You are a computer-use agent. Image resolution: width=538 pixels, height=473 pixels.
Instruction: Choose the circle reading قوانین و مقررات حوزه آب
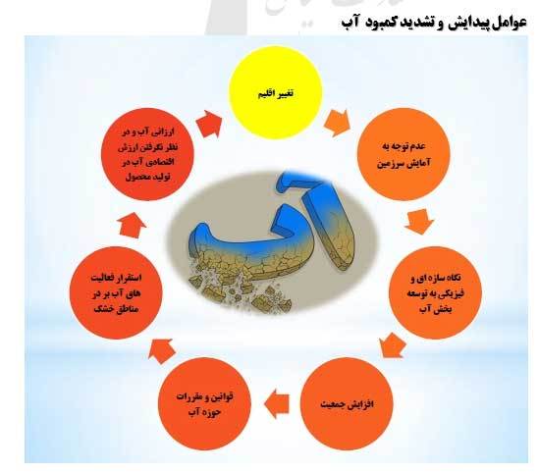[209, 403]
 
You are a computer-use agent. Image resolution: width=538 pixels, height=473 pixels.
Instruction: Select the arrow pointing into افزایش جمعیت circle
[395, 343]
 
